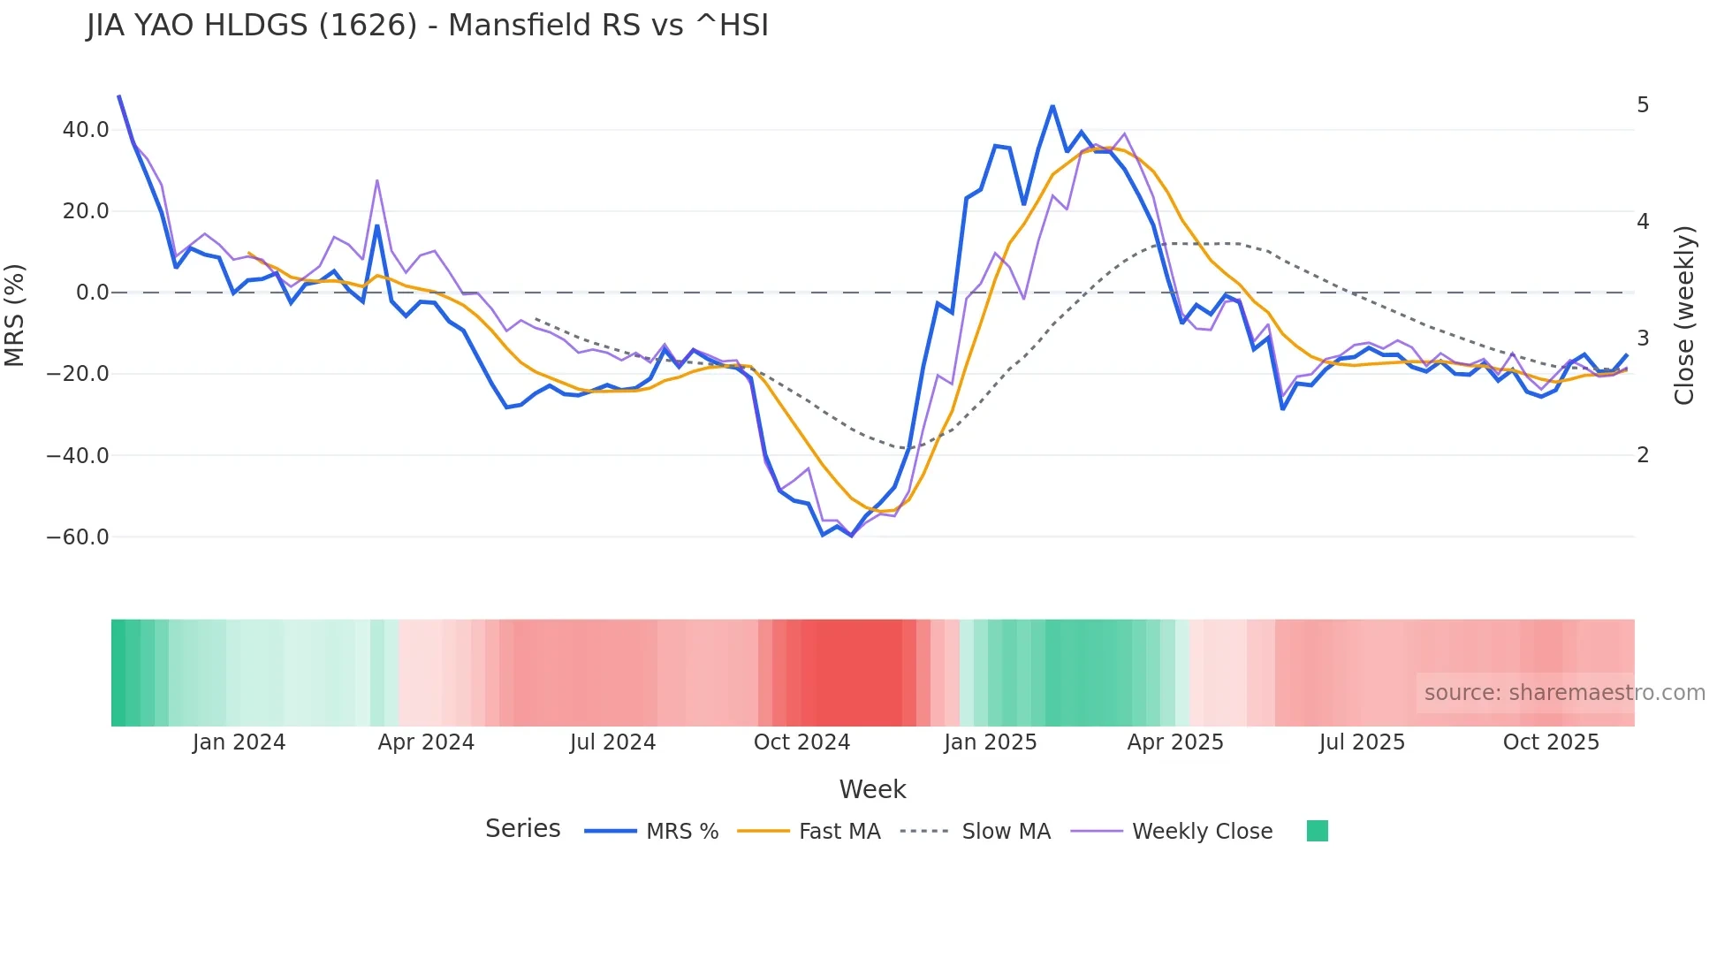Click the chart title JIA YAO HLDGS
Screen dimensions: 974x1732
[428, 26]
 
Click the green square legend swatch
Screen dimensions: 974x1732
[1317, 831]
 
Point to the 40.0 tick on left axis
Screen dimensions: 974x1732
[86, 130]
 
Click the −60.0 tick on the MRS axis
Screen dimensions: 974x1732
[78, 537]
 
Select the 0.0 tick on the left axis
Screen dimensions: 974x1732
[93, 293]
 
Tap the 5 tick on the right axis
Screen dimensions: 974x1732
[1643, 105]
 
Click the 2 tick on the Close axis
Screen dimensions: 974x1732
[1643, 455]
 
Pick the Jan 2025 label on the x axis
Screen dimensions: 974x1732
[990, 742]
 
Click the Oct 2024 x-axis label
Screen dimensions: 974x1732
[801, 742]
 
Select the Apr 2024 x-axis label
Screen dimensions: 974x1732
[426, 742]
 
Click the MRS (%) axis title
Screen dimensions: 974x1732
[14, 316]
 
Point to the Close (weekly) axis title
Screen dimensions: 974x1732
[1684, 316]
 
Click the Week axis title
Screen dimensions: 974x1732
[872, 789]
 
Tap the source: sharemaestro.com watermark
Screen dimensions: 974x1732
[1564, 693]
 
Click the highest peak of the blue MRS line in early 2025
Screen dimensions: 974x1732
[1052, 106]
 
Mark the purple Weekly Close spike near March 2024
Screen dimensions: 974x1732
[377, 180]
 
